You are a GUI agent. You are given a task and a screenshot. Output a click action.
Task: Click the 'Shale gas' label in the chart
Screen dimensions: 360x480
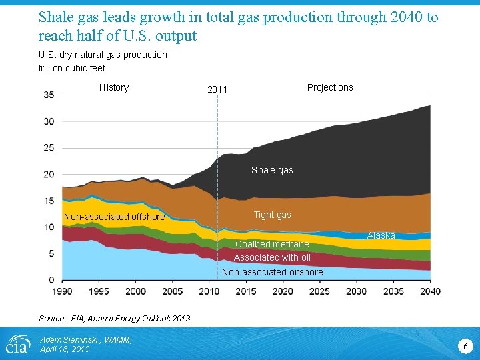(x=272, y=170)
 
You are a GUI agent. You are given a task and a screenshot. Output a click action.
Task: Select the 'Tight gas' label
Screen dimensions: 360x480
(x=272, y=215)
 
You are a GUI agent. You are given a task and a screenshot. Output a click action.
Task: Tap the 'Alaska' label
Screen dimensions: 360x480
(x=381, y=235)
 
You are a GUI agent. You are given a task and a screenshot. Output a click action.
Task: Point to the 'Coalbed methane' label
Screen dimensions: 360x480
(x=272, y=244)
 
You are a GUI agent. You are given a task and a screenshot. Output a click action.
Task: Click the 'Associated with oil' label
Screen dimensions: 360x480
(x=272, y=257)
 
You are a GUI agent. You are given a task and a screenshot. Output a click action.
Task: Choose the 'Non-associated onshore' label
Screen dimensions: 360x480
(x=272, y=272)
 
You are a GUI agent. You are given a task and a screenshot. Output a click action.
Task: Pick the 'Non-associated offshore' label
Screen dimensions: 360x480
(x=114, y=217)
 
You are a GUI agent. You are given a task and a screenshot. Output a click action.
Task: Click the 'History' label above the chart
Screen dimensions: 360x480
(x=114, y=87)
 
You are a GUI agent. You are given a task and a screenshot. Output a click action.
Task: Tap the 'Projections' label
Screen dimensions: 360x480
(x=330, y=87)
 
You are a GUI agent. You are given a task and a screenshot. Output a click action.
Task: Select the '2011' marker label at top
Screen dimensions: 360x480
(x=217, y=89)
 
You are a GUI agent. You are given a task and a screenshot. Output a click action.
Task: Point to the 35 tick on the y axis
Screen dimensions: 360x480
(x=49, y=95)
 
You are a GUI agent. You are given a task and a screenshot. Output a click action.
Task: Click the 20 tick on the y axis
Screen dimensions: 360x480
(x=49, y=174)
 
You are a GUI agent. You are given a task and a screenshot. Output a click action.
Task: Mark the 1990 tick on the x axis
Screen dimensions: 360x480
(x=62, y=291)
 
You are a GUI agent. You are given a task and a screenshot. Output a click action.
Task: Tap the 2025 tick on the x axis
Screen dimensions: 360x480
(x=319, y=291)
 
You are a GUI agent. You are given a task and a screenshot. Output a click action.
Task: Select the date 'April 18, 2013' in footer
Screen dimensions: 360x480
(x=65, y=349)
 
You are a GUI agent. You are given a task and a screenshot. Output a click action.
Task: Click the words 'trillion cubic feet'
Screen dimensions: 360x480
(x=72, y=67)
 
